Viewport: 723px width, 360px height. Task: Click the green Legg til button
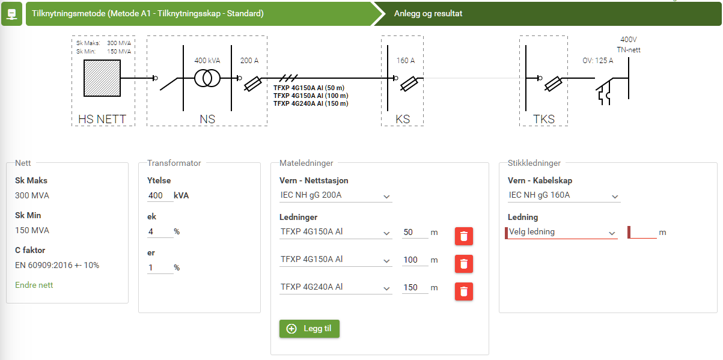pyautogui.click(x=309, y=329)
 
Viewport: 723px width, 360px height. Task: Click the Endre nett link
pyautogui.click(x=34, y=285)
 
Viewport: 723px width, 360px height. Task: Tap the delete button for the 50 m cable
pyautogui.click(x=464, y=236)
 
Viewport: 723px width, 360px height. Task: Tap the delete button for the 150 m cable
pyautogui.click(x=464, y=291)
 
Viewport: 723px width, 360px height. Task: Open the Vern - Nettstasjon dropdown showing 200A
pyautogui.click(x=336, y=196)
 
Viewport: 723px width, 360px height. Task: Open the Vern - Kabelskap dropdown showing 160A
pyautogui.click(x=564, y=196)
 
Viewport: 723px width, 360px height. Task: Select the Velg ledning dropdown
pyautogui.click(x=561, y=233)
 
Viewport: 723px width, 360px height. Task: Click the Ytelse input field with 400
pyautogui.click(x=160, y=196)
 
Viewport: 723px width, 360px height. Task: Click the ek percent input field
pyautogui.click(x=160, y=231)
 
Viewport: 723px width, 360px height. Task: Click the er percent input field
pyautogui.click(x=160, y=267)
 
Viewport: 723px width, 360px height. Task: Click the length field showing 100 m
pyautogui.click(x=415, y=260)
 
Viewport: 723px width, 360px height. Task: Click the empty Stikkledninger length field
pyautogui.click(x=642, y=233)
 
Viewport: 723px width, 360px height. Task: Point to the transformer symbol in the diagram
pyautogui.click(x=207, y=78)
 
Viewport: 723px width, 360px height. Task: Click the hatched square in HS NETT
pyautogui.click(x=102, y=78)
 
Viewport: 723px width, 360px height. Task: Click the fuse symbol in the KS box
pyautogui.click(x=409, y=84)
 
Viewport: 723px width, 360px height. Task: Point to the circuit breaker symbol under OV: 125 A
pyautogui.click(x=604, y=91)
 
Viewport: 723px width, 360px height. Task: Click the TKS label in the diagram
pyautogui.click(x=544, y=119)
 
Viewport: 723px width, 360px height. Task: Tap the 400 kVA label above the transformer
pyautogui.click(x=207, y=60)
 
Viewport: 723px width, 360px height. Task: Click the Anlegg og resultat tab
pyautogui.click(x=428, y=14)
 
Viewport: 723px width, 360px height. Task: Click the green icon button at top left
pyautogui.click(x=11, y=14)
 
